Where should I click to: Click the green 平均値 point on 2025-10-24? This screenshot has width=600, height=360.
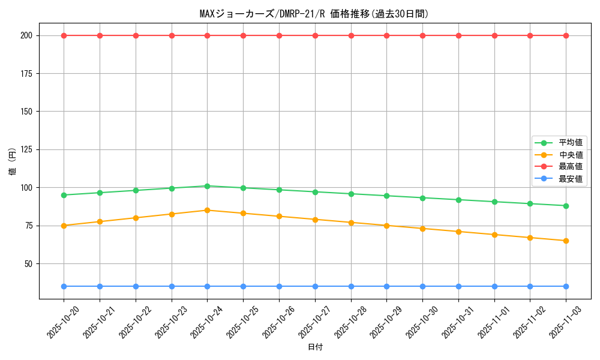tap(207, 186)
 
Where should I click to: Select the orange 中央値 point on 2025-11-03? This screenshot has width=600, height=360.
tap(566, 241)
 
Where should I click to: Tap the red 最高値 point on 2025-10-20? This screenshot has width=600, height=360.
tap(64, 35)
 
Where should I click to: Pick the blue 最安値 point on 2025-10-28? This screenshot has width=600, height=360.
tap(351, 286)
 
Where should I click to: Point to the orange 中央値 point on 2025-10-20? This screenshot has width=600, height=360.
tap(64, 226)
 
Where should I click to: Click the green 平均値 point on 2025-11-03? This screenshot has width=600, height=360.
tap(566, 206)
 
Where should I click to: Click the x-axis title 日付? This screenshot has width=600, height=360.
tap(314, 347)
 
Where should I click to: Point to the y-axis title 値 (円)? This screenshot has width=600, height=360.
tap(12, 161)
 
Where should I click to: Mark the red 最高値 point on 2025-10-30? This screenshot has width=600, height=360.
tap(422, 35)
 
